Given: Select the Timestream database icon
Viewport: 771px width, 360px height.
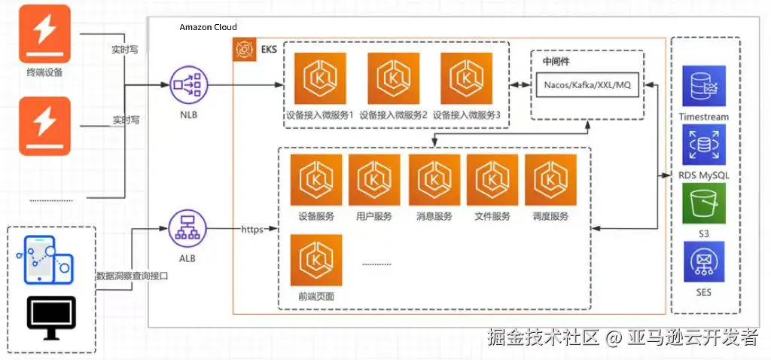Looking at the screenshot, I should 703,86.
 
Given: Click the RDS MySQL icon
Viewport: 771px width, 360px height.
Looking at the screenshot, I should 703,145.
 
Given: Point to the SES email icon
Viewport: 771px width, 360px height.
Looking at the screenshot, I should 703,261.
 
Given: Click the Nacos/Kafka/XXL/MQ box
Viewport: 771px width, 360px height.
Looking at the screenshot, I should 587,85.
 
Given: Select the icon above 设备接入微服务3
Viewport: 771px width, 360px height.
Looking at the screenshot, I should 467,79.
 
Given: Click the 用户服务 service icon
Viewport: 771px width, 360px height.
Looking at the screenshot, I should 374,180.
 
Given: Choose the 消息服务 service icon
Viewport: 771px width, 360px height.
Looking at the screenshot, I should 434,180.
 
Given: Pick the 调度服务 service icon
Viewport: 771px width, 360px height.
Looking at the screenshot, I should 550,180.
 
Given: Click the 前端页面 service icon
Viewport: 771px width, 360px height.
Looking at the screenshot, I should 316,260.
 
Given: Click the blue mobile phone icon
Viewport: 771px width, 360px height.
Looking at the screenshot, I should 44,258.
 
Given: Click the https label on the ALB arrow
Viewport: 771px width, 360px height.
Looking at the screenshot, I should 252,229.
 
